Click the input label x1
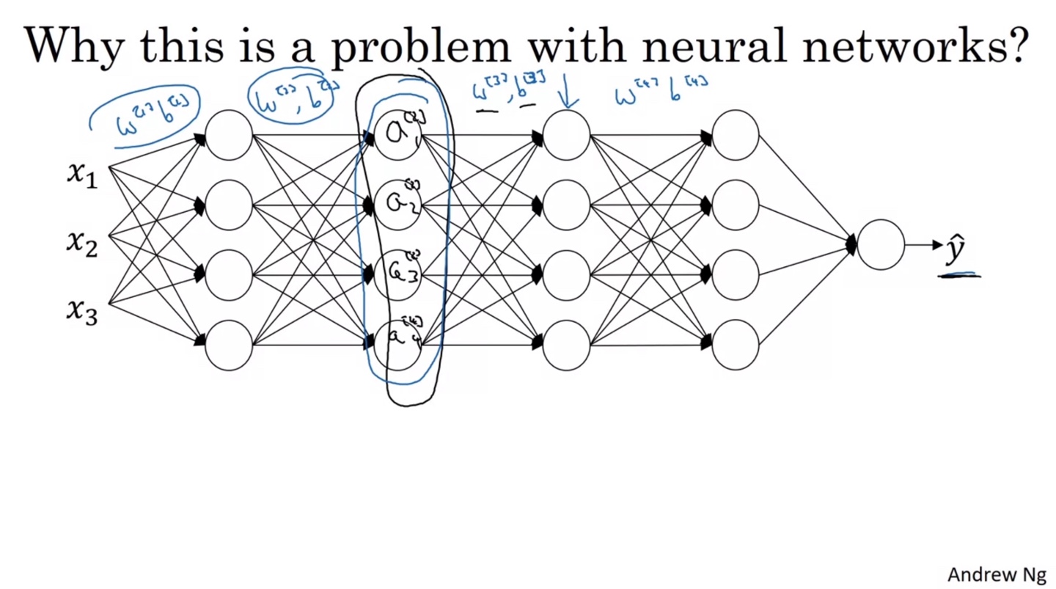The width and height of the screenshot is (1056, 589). click(82, 175)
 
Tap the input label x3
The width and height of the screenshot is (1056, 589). click(82, 311)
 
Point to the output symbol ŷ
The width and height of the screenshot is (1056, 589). click(954, 250)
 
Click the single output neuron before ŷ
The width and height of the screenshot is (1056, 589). click(880, 244)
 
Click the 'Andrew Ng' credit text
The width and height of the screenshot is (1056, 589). click(997, 574)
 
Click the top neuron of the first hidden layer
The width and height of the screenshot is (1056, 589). click(229, 135)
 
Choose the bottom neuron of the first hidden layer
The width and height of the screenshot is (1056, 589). click(229, 345)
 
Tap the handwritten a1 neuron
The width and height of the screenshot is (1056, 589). click(397, 135)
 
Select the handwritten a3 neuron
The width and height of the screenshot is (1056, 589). click(397, 274)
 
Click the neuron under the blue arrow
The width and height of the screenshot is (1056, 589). click(566, 135)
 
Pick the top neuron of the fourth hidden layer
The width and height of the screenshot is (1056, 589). click(735, 135)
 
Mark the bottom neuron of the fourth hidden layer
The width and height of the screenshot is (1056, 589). click(735, 345)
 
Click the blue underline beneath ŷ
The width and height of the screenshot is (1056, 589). click(958, 275)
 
